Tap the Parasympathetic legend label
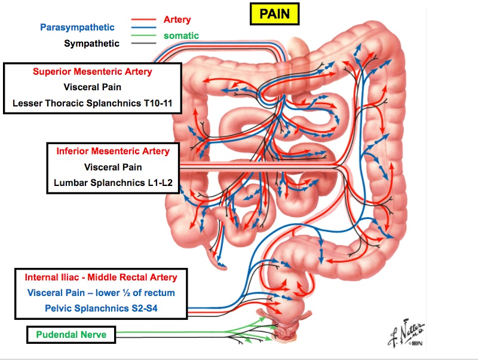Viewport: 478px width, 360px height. click(x=77, y=27)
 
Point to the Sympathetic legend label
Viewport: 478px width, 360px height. click(x=92, y=43)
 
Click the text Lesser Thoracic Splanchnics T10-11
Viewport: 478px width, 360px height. click(x=92, y=103)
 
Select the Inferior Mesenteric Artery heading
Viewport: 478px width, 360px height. click(x=113, y=151)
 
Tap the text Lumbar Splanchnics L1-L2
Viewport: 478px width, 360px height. click(x=113, y=182)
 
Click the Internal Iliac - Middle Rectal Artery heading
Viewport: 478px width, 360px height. click(x=101, y=277)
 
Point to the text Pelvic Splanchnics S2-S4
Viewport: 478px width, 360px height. click(x=101, y=309)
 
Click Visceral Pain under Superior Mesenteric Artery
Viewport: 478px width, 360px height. click(x=92, y=87)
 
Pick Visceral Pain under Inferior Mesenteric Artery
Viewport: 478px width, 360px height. click(x=113, y=167)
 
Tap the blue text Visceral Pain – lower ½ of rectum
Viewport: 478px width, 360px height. click(x=101, y=293)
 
